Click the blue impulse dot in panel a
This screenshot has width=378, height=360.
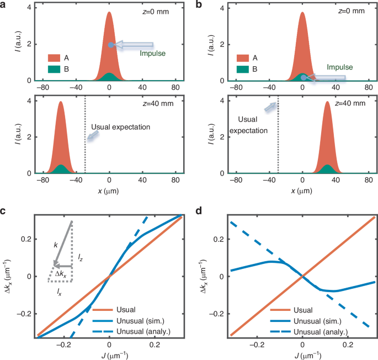tap(110, 45)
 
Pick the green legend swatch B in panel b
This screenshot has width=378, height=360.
tap(243, 70)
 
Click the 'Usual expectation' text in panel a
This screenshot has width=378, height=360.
tap(120, 127)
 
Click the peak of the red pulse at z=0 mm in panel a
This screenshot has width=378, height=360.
tap(110, 13)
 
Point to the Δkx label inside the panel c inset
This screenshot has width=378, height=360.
tap(65, 274)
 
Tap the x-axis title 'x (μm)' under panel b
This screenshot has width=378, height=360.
tap(302, 190)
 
